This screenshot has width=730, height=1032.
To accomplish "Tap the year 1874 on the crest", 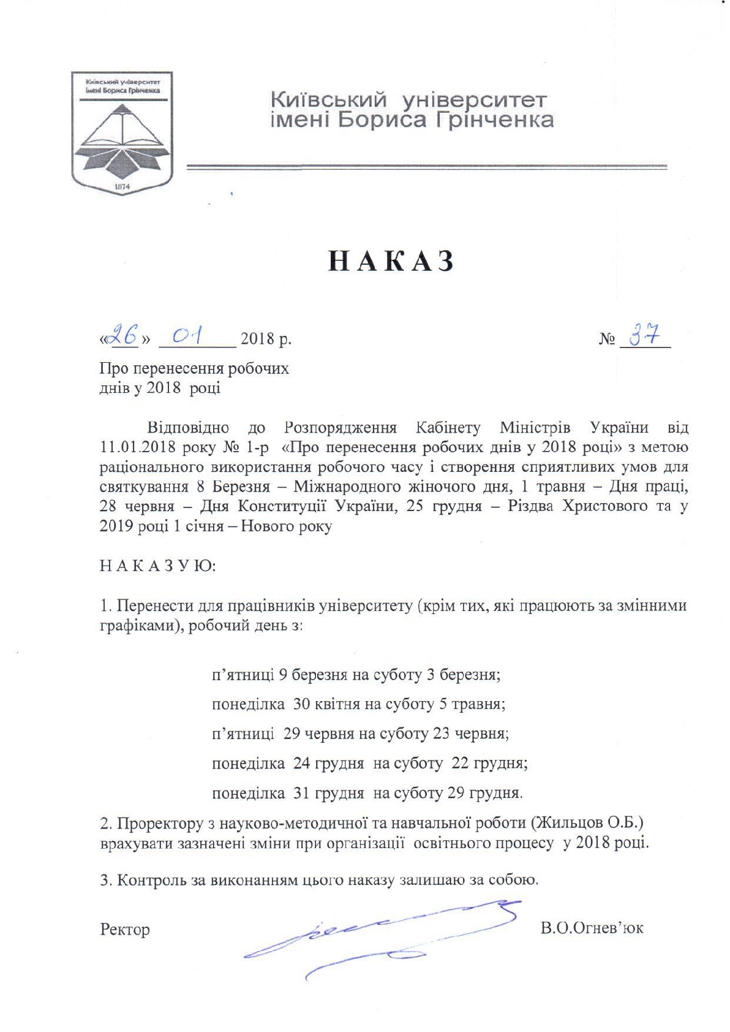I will pyautogui.click(x=122, y=185).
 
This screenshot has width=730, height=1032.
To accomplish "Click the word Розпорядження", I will pyautogui.click(x=341, y=427).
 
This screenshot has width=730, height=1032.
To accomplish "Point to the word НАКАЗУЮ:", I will pyautogui.click(x=157, y=566).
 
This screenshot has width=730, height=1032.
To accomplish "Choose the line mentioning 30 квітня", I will pyautogui.click(x=358, y=704).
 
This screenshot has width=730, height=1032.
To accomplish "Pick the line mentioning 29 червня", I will pyautogui.click(x=360, y=734).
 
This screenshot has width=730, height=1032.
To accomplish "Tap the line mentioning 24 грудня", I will pyautogui.click(x=369, y=764).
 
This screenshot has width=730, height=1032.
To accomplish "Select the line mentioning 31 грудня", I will pyautogui.click(x=367, y=793).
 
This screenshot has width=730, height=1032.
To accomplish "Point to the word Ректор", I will pyautogui.click(x=125, y=929).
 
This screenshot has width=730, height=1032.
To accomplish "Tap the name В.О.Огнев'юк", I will pyautogui.click(x=592, y=928).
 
